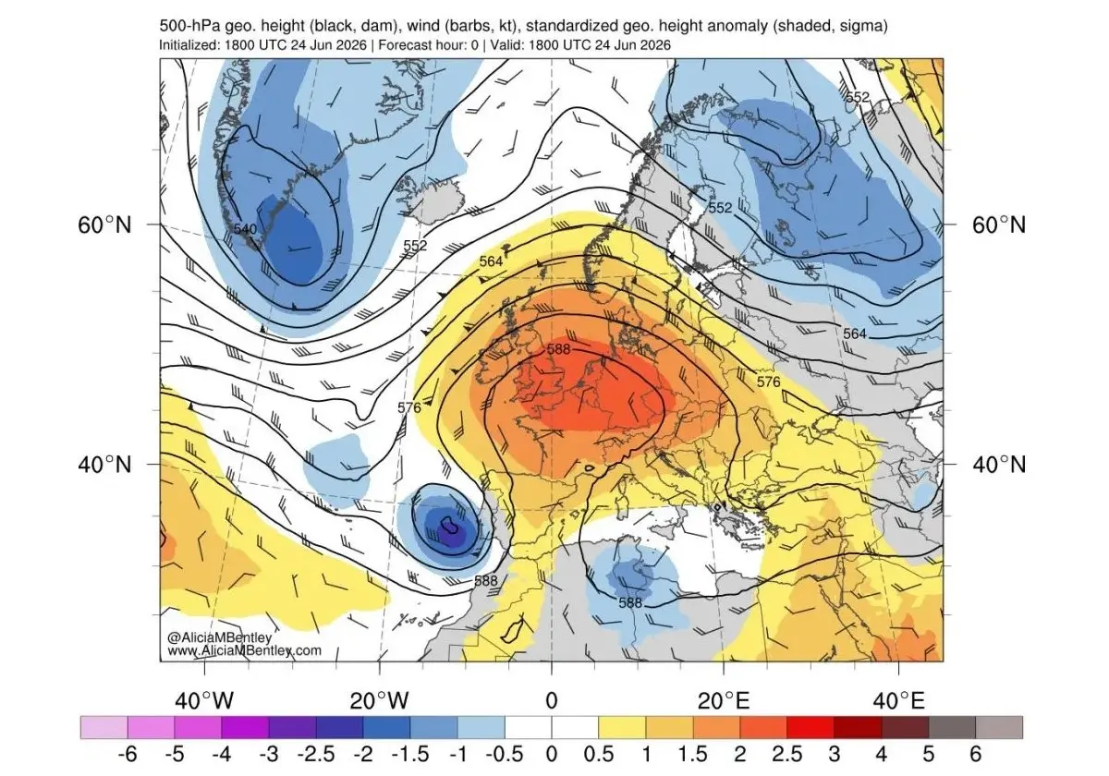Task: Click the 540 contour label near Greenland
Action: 245,229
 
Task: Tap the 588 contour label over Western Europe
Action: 558,349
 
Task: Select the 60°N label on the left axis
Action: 105,225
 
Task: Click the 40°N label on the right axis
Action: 999,465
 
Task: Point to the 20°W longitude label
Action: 379,701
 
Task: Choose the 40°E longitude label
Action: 898,701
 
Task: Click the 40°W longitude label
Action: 204,701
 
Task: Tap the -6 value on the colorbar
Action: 128,754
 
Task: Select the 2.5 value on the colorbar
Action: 786,754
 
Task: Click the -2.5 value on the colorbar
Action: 316,754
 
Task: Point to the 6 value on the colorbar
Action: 975,754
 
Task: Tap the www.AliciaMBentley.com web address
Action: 244,649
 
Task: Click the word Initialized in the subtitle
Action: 189,45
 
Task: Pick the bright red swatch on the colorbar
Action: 810,728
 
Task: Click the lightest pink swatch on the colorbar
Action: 104,728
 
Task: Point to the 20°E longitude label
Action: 724,701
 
